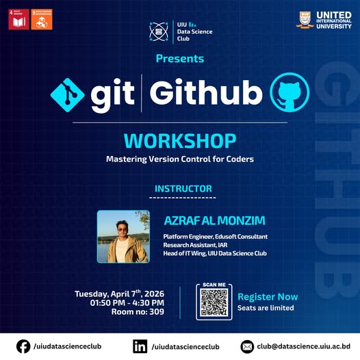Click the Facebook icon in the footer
click(23, 346)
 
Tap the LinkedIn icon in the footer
click(140, 346)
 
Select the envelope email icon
click(248, 346)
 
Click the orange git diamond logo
click(67, 94)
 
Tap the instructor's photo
click(123, 237)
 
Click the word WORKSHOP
click(180, 141)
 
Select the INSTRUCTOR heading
click(183, 189)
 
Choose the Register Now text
click(268, 297)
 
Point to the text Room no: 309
click(138, 312)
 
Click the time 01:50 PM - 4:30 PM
click(127, 303)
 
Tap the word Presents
click(180, 59)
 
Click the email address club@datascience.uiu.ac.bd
click(305, 347)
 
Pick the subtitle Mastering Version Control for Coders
click(180, 159)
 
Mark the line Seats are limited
click(266, 308)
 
